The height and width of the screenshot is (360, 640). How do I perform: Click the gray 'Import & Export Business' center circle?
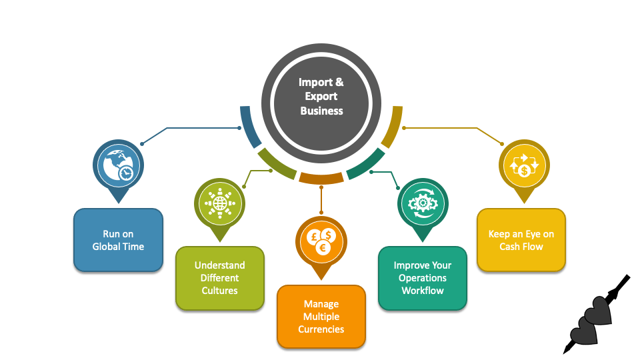321,96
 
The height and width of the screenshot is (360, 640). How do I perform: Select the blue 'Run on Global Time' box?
118,240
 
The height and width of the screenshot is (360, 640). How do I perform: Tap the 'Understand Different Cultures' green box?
219,278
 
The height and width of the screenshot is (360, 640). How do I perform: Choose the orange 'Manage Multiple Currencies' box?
321,317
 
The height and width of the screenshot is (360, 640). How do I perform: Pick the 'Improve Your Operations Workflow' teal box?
422,278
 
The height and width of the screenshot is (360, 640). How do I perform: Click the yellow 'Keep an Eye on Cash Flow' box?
521,240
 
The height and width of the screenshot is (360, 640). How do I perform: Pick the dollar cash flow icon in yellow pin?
524,164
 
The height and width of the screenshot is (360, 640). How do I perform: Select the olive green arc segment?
275,164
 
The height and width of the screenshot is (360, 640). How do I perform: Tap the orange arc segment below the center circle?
321,177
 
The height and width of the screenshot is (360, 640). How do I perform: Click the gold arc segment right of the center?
393,127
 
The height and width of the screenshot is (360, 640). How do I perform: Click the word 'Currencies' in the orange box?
321,329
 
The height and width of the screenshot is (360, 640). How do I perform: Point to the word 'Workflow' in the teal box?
422,291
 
